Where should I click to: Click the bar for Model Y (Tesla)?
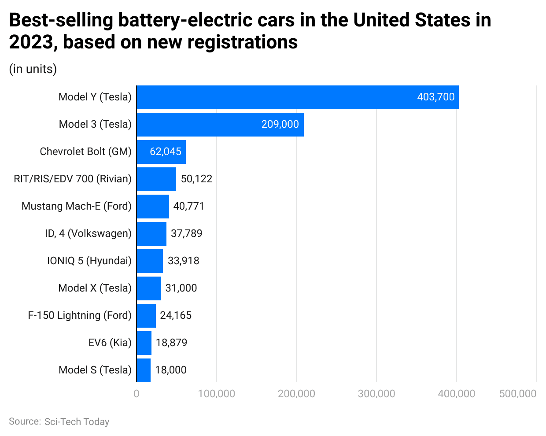pyautogui.click(x=298, y=97)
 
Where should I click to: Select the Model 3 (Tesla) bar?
pyautogui.click(x=220, y=125)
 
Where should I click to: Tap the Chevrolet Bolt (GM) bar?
pyautogui.click(x=161, y=152)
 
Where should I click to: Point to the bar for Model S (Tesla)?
pyautogui.click(x=144, y=370)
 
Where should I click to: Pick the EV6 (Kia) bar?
pyautogui.click(x=144, y=343)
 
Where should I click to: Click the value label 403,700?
pyautogui.click(x=435, y=97)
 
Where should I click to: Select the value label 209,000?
pyautogui.click(x=280, y=125)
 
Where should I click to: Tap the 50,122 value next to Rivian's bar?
pyautogui.click(x=196, y=179)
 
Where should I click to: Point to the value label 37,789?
pyautogui.click(x=186, y=234)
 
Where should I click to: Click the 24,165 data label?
pyautogui.click(x=176, y=316)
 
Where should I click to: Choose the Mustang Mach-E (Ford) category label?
pyautogui.click(x=77, y=207)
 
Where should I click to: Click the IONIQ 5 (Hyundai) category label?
pyautogui.click(x=89, y=261)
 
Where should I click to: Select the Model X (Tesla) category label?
pyautogui.click(x=95, y=288)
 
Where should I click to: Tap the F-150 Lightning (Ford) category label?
pyautogui.click(x=80, y=316)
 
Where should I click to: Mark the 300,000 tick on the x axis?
pyautogui.click(x=376, y=394)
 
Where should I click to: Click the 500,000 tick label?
pyautogui.click(x=518, y=394)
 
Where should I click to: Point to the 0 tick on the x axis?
pyautogui.click(x=136, y=394)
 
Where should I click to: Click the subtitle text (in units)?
pyautogui.click(x=33, y=69)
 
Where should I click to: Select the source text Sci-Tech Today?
pyautogui.click(x=77, y=422)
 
